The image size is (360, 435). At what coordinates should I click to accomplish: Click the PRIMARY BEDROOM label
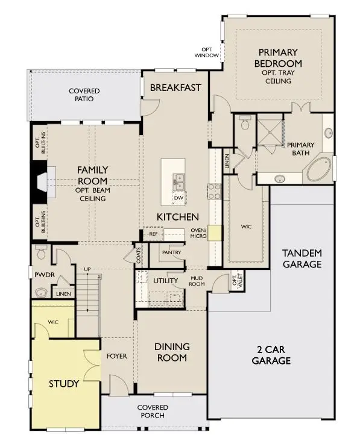coord(279,58)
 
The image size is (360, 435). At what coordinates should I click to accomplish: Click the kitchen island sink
coord(178,180)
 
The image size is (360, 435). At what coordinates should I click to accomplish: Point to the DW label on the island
coord(178,198)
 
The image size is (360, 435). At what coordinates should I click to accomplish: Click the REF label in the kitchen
coord(153,233)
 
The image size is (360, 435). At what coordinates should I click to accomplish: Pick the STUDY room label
coord(65,383)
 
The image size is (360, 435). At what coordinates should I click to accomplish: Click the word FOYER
coord(116,356)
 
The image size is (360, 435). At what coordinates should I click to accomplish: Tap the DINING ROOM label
coord(172,352)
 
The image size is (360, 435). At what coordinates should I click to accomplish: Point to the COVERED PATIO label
coord(84,95)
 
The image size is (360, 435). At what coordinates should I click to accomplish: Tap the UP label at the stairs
coord(87,269)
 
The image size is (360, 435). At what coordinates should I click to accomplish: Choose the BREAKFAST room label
coord(175,87)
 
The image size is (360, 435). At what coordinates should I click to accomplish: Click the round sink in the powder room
coord(42,293)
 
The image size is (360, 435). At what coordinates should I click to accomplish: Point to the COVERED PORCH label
coord(152,412)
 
